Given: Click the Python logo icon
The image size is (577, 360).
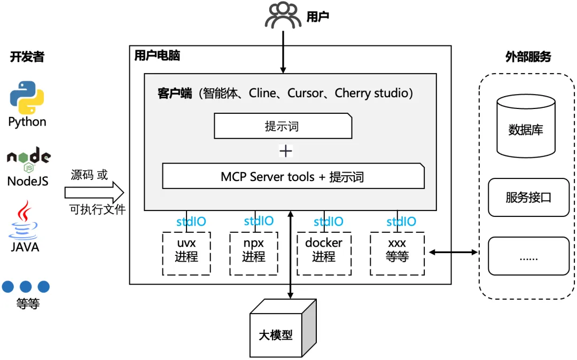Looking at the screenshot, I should pyautogui.click(x=27, y=98).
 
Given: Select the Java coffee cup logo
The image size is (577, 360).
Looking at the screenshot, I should pyautogui.click(x=24, y=220).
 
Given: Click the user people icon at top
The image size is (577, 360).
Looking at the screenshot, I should pyautogui.click(x=283, y=16).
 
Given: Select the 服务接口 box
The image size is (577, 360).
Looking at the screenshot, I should pyautogui.click(x=528, y=197).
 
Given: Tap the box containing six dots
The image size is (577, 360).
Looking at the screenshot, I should pyautogui.click(x=528, y=256).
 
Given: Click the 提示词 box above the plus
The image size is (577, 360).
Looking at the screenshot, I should pyautogui.click(x=283, y=126).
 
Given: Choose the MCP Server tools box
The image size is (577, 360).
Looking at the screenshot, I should pyautogui.click(x=293, y=176).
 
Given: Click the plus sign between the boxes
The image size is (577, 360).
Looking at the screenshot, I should pyautogui.click(x=286, y=151).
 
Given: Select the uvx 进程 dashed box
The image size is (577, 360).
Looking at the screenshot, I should pyautogui.click(x=186, y=253).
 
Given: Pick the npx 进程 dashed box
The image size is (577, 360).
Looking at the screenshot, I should pyautogui.click(x=254, y=253).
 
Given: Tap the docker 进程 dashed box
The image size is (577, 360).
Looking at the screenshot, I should pyautogui.click(x=324, y=253).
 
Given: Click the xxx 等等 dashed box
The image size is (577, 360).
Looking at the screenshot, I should pyautogui.click(x=397, y=253).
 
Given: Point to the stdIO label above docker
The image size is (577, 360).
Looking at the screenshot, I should pyautogui.click(x=328, y=222).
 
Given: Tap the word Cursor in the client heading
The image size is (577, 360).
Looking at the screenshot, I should pyautogui.click(x=305, y=93).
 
